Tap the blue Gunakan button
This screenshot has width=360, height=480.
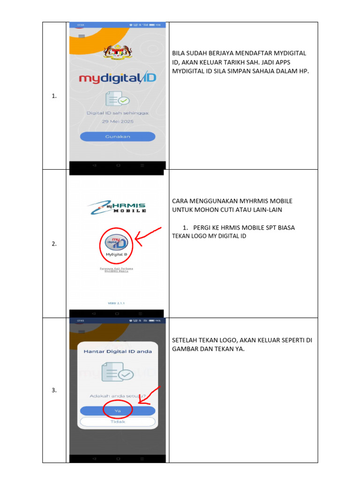coord(117,136)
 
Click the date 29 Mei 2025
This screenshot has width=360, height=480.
coord(118,121)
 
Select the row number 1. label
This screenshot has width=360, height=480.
coord(54,96)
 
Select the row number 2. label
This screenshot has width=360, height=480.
coord(54,244)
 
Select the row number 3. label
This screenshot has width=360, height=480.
coord(54,390)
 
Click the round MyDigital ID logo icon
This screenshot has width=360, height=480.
coord(116,242)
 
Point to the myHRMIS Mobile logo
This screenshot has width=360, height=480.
coord(117,206)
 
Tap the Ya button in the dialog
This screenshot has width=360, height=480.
coord(118,410)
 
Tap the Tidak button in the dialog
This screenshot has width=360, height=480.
coord(118,421)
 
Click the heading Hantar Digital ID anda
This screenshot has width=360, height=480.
coord(118,351)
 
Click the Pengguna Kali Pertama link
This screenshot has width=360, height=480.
coord(117,268)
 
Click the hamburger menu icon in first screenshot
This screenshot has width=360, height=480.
coord(82,36)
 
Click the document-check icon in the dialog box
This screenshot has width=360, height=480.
coord(118,373)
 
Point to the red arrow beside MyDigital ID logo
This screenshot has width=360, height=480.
coord(148,234)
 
